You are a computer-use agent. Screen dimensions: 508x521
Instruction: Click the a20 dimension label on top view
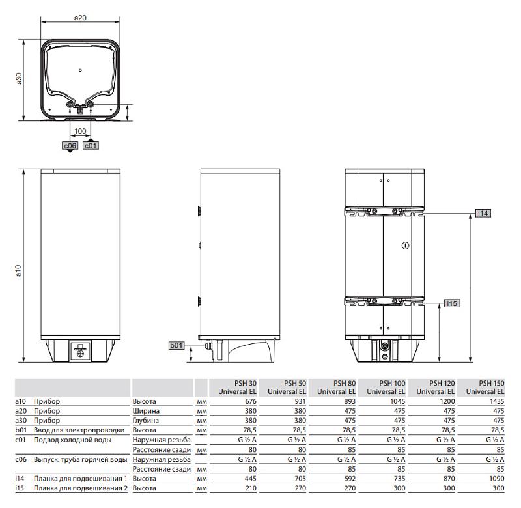click(x=80, y=18)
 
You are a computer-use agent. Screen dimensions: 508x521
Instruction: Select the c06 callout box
click(x=70, y=146)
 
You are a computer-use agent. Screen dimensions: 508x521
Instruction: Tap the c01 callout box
click(x=91, y=146)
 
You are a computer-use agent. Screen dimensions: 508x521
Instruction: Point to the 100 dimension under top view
click(x=80, y=131)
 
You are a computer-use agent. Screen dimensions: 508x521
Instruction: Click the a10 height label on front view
click(x=19, y=270)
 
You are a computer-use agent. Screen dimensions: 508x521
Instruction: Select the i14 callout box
click(x=483, y=213)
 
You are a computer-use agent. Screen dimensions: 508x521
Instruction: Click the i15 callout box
click(x=453, y=303)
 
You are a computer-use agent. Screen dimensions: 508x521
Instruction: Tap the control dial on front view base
click(x=80, y=350)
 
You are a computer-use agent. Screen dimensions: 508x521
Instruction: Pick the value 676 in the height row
click(x=249, y=402)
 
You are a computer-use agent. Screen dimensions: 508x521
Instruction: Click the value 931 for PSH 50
click(x=299, y=402)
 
